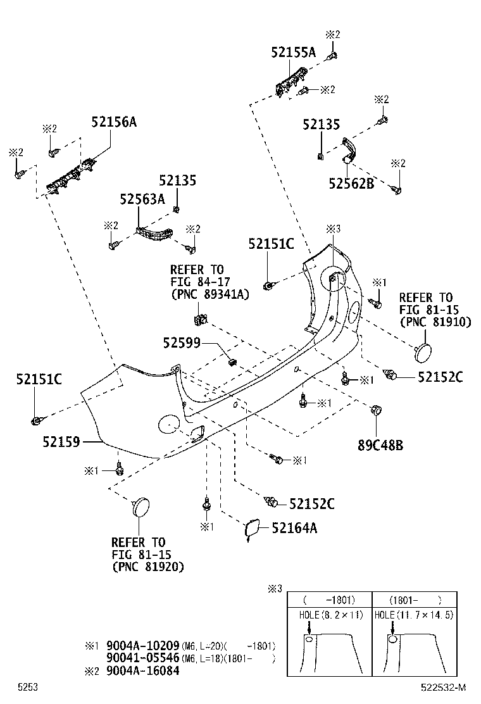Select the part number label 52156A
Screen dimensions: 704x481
pyautogui.click(x=113, y=122)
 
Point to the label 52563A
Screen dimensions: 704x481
pyautogui.click(x=142, y=199)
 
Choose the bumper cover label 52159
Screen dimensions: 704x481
pyautogui.click(x=61, y=441)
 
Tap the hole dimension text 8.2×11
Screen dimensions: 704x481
pyautogui.click(x=342, y=615)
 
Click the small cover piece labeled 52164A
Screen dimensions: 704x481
pyautogui.click(x=250, y=529)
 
